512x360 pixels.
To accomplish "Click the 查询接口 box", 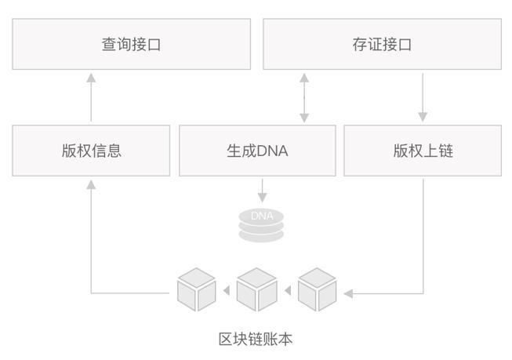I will pos(131,45).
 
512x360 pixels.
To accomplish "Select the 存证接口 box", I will pos(382,45).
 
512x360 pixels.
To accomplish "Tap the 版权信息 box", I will pos(91,150).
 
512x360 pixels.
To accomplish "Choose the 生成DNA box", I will pos(257,150).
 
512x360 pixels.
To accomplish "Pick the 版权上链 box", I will pos(423,150).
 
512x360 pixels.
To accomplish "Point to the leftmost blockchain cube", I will pos(196,289).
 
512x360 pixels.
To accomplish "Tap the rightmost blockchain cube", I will pos(317,289).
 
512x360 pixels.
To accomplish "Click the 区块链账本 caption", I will pos(256,339).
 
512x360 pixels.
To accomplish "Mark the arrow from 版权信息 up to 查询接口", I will pos(91,97).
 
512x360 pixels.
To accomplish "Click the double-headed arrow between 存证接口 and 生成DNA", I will pos(304,97).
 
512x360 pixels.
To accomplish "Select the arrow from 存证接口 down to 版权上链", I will pos(423,97).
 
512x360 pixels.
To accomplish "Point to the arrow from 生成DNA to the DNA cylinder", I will pos(262,189).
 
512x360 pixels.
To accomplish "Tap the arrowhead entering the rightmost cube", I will pos(348,293).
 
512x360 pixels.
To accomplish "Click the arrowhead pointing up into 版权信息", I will pos(91,184).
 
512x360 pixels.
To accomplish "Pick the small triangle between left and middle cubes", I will pos(227,292).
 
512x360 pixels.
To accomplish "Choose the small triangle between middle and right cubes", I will pos(287,292).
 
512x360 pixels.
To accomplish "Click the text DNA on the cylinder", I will pos(262,216).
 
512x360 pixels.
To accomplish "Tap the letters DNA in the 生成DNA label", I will pos(272,150).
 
